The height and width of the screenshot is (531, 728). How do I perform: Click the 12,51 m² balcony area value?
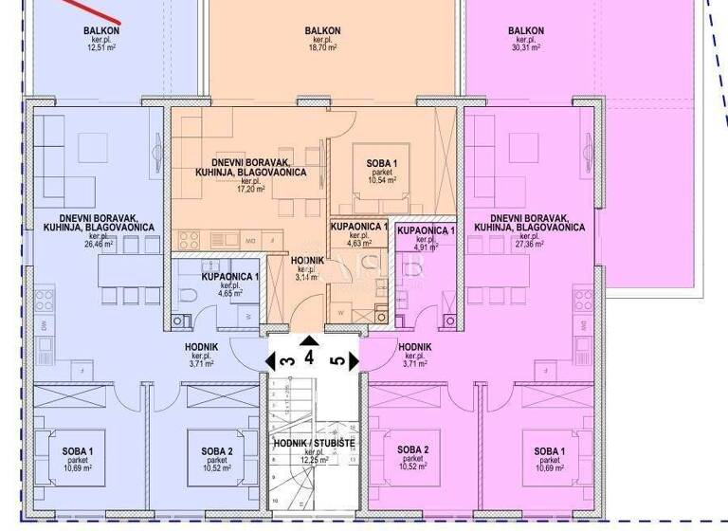(100, 47)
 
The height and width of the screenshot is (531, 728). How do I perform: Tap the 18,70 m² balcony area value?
(322, 47)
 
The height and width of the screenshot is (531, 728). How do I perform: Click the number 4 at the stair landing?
(309, 359)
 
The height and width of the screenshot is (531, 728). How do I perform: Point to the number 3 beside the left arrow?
(283, 360)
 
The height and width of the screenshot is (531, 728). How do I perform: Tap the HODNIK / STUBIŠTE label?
(313, 444)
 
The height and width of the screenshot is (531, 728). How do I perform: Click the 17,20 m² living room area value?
(251, 190)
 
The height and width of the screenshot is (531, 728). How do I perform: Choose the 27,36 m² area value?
(529, 245)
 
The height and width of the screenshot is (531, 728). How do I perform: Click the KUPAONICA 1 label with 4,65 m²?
(230, 277)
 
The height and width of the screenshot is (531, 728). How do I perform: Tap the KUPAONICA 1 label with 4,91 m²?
(426, 231)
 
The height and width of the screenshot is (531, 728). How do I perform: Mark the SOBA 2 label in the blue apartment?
(217, 450)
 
